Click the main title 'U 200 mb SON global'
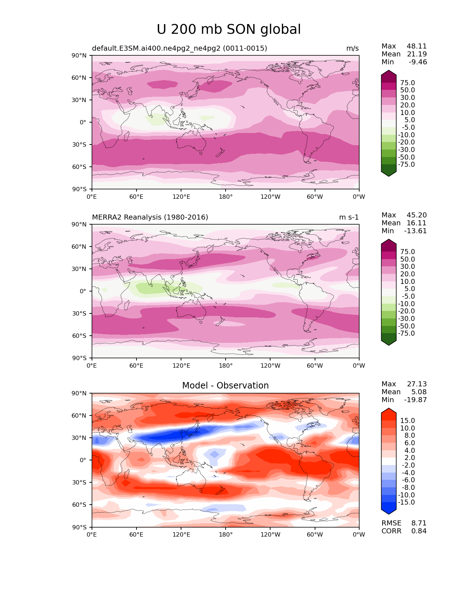228,29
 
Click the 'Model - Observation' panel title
225,386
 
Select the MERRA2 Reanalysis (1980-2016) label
150,217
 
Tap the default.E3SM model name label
179,49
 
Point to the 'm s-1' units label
348,217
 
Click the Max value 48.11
416,46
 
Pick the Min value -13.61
415,231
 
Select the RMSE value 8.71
419,523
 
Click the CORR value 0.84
419,531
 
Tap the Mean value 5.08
419,392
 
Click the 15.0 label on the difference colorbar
407,421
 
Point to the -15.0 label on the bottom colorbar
406,502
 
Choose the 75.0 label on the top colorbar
407,83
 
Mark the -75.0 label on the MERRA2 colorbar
406,334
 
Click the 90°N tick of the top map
79,56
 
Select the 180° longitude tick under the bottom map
226,535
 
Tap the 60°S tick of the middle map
79,336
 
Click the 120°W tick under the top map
270,197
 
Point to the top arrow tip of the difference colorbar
389,409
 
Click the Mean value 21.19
416,54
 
